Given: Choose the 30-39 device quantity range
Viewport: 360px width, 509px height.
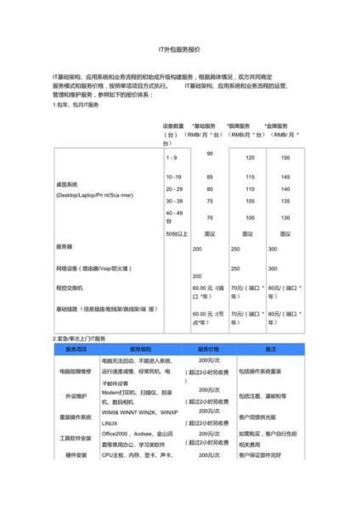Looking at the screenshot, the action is tap(173, 200).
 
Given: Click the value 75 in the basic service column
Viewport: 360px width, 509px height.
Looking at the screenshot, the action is tap(210, 200).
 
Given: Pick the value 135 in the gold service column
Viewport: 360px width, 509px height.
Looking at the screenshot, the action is tap(284, 200).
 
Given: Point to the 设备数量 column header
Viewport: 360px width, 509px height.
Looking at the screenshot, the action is tap(175, 125).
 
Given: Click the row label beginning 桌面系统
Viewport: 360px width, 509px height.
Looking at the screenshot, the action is tap(66, 183).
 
